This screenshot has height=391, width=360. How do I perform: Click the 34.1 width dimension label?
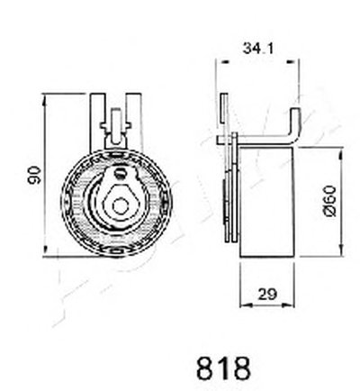click(x=258, y=49)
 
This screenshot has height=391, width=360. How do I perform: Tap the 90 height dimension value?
click(x=33, y=175)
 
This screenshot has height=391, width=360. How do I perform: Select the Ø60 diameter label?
click(x=330, y=201)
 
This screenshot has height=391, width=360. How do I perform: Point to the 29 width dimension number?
click(x=267, y=294)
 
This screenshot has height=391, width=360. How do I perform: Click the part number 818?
click(x=223, y=368)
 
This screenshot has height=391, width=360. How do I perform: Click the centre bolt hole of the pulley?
click(x=121, y=205)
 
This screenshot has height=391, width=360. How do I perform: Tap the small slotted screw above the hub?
click(x=121, y=173)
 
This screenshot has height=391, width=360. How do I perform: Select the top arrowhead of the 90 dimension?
click(x=45, y=99)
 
